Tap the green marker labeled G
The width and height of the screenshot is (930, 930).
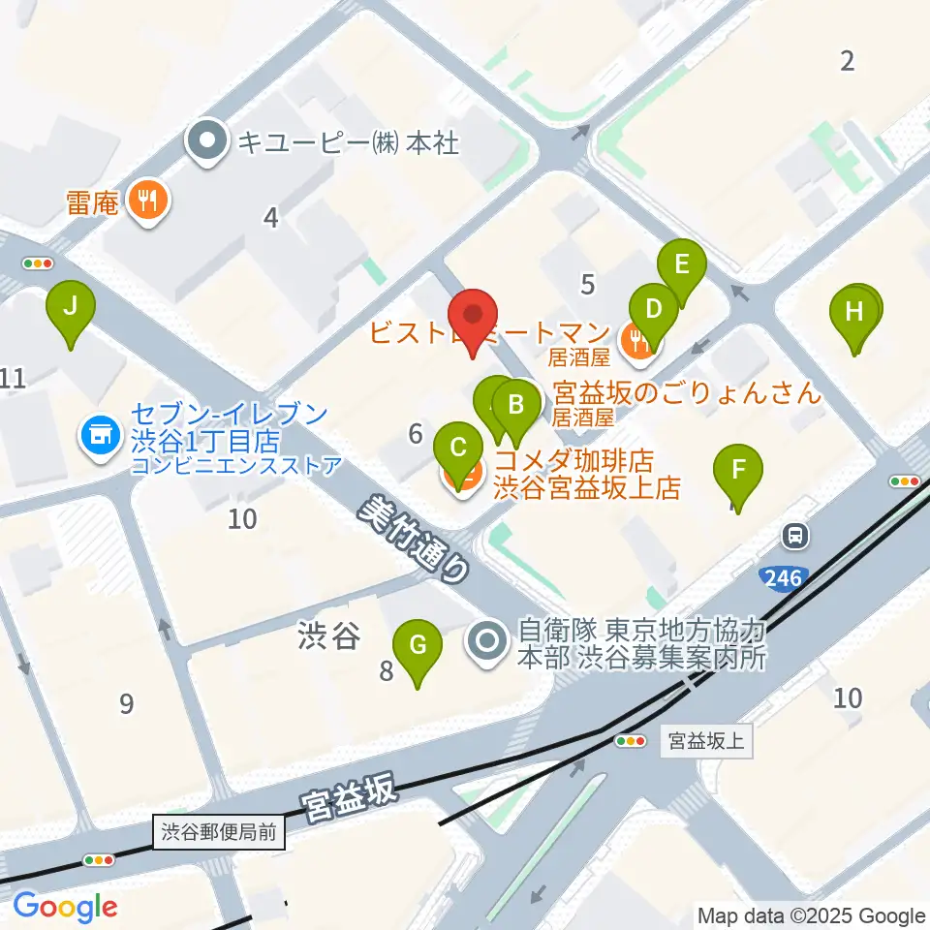tap(418, 646)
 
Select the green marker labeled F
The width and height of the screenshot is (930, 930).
tap(738, 471)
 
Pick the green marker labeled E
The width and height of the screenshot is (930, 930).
tap(682, 264)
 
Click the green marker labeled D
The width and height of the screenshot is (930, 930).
tap(654, 310)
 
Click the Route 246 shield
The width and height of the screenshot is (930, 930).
tap(782, 578)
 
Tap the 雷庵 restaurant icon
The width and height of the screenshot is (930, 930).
tap(149, 201)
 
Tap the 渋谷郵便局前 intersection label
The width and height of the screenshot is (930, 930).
tap(220, 831)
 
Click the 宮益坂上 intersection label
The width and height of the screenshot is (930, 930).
tap(705, 742)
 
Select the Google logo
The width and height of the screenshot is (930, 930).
tap(65, 907)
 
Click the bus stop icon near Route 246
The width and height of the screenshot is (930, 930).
tap(795, 534)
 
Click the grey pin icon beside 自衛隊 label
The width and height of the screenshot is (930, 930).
tap(487, 641)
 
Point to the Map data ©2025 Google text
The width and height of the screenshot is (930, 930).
tap(812, 915)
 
